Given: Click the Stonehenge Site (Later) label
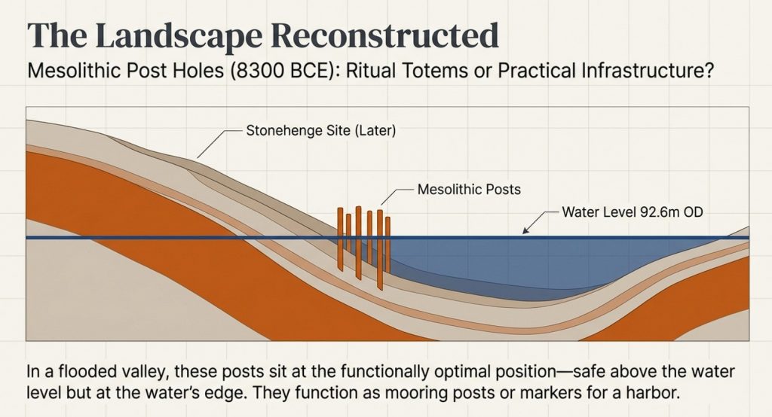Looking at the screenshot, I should pos(321,130).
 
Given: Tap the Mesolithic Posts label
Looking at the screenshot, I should pos(468,189).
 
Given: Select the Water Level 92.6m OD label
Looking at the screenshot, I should pos(633,212).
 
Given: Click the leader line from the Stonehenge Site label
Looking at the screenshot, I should pos(215,142).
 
